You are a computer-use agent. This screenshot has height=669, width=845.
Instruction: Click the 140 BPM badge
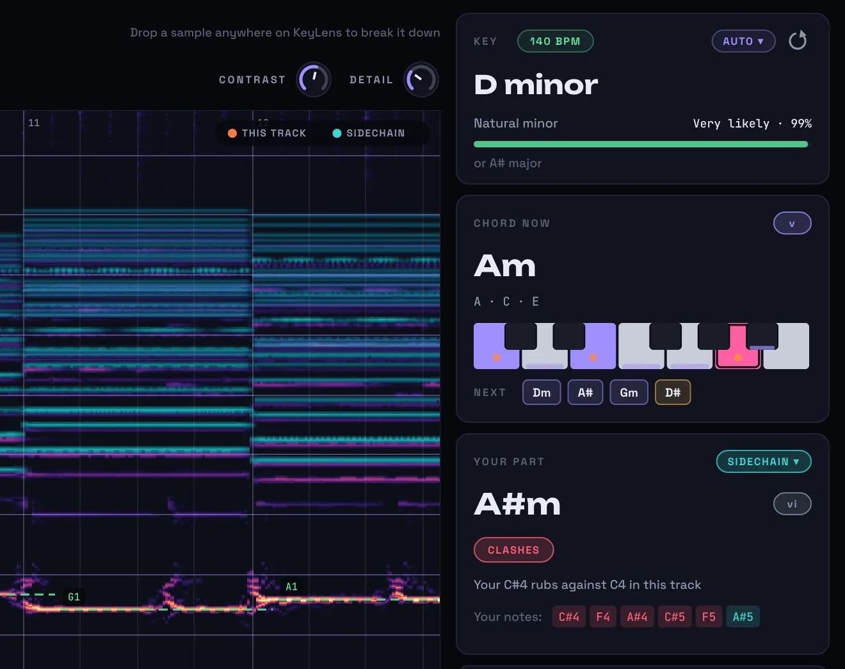[555, 41]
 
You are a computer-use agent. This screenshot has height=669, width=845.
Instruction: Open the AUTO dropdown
[743, 41]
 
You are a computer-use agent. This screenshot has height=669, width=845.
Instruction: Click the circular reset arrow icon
[798, 40]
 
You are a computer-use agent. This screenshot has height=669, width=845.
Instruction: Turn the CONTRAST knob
[313, 79]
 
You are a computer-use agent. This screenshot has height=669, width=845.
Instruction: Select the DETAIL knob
[421, 79]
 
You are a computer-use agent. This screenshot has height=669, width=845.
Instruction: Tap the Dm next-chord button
[542, 392]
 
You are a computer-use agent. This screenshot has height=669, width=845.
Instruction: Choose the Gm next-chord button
[629, 392]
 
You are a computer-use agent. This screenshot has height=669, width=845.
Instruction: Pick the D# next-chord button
[673, 392]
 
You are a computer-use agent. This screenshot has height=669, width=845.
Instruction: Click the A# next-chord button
[585, 392]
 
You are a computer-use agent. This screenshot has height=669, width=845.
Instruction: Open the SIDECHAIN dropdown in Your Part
[763, 461]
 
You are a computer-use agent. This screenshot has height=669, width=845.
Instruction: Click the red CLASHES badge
[513, 550]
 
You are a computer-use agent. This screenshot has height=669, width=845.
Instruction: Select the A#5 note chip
[743, 616]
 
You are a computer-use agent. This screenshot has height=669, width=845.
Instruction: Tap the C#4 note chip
[569, 616]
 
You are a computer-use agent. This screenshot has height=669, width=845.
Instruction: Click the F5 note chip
[709, 616]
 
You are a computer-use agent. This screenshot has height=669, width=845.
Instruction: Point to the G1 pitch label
[74, 597]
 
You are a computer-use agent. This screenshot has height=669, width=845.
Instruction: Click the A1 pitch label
[291, 587]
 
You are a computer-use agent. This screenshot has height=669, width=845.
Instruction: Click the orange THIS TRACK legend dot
[232, 133]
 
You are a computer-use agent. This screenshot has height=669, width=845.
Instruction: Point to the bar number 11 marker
[34, 123]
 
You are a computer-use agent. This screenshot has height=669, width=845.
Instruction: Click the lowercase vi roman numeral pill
[792, 504]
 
